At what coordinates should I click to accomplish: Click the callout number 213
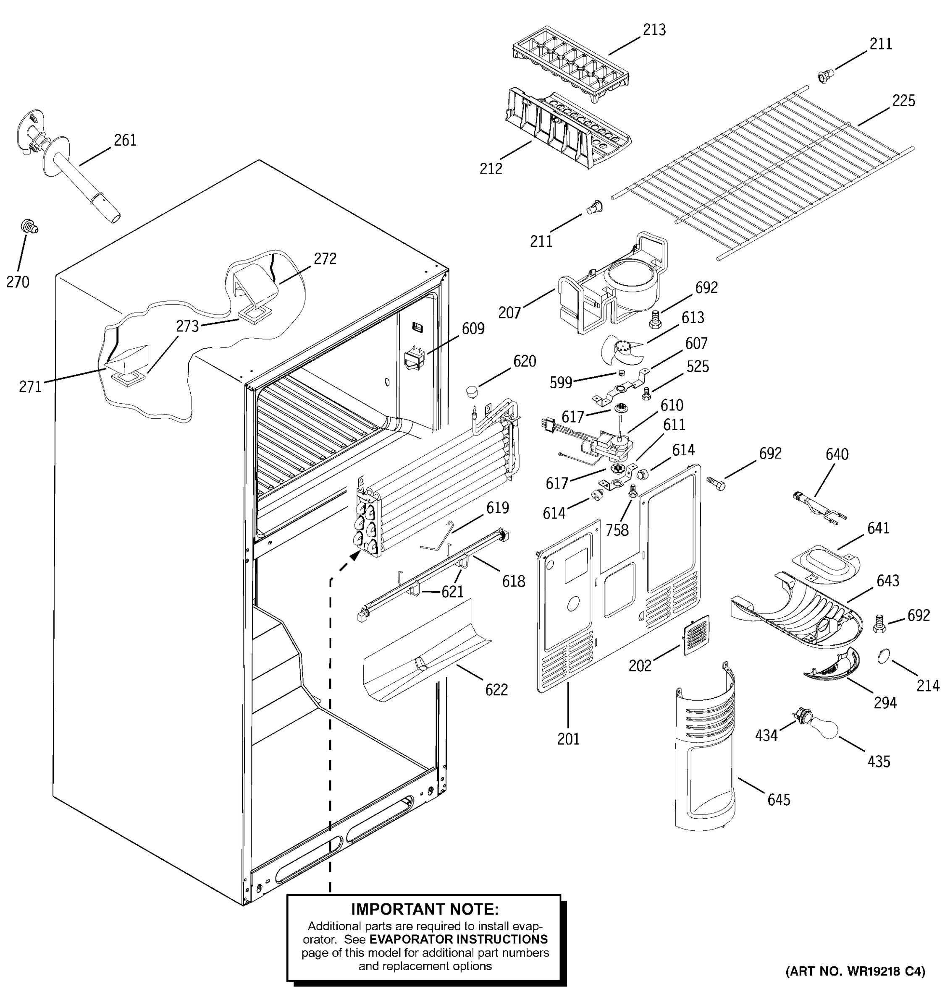[654, 30]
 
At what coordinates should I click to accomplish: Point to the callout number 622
[496, 689]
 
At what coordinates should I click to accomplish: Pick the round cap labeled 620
[472, 391]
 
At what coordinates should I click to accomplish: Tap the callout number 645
[779, 799]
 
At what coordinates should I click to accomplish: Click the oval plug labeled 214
[884, 657]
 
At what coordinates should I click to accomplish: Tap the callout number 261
[125, 140]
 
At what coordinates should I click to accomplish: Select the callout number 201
[568, 739]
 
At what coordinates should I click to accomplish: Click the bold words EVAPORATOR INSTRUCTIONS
[458, 939]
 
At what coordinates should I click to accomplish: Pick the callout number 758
[617, 530]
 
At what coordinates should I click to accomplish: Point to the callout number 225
[903, 101]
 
